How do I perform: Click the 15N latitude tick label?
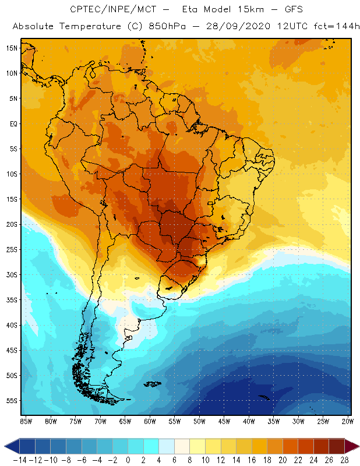pos(12,48)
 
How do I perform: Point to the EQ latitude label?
pos(13,123)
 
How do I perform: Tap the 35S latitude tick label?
pos(12,299)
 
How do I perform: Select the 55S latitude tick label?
pos(12,400)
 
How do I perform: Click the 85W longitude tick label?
pos(26,421)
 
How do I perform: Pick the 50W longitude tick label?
pos(200,421)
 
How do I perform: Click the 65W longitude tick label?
pos(125,421)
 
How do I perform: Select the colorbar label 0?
pos(128,460)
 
